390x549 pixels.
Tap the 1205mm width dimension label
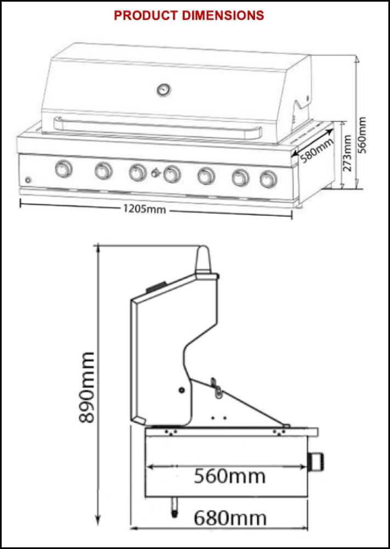144,209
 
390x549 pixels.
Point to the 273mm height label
347,153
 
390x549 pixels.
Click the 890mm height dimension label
87,387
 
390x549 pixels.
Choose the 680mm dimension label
230,518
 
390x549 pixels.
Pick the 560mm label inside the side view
229,476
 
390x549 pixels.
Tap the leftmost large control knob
64,169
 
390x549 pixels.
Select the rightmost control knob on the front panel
269,180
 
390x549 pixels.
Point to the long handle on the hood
158,128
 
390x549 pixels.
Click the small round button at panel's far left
28,180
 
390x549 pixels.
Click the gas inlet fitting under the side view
174,507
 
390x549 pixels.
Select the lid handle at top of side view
203,260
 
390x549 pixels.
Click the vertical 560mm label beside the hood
363,135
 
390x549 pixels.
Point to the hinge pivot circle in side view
181,390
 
